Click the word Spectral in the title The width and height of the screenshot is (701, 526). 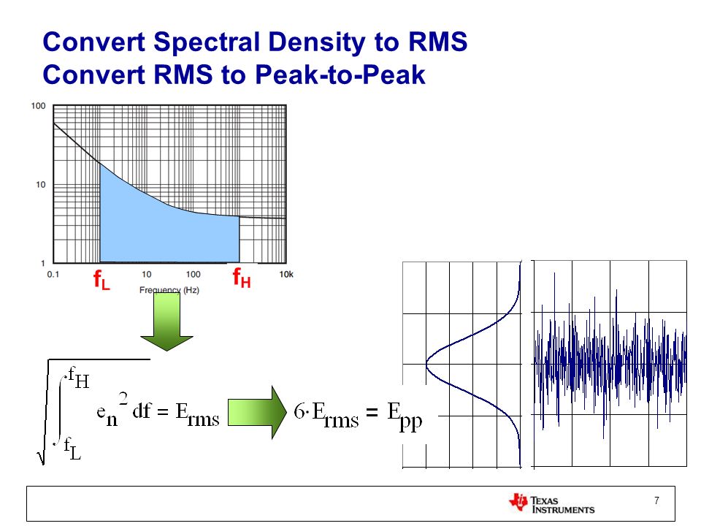(207, 43)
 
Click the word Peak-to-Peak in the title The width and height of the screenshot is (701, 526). (340, 75)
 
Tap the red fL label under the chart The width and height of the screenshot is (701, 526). (101, 280)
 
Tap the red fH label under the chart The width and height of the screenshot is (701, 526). (242, 278)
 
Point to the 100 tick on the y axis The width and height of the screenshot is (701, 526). (39, 106)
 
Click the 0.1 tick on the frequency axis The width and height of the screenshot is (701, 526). (53, 274)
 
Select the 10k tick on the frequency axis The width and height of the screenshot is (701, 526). (286, 274)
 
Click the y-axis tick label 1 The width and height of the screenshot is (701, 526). (43, 263)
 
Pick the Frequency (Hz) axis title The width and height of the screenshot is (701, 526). (169, 290)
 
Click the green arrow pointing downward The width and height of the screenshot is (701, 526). (166, 321)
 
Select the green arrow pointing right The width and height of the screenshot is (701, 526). (257, 412)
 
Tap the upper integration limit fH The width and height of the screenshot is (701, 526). (79, 378)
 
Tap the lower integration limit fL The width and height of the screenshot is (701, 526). (72, 449)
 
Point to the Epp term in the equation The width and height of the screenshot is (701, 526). (405, 416)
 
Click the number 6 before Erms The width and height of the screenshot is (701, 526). (299, 411)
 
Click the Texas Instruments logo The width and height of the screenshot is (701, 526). (552, 503)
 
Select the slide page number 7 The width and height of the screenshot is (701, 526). (656, 500)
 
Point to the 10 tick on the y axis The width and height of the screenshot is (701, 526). (41, 184)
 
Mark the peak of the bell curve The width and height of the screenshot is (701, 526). (426, 364)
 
